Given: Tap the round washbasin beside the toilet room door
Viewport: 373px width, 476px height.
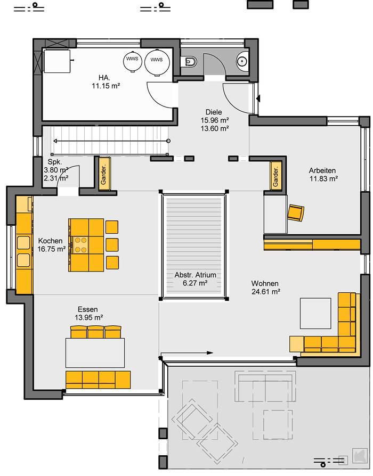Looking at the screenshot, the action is pyautogui.click(x=242, y=62).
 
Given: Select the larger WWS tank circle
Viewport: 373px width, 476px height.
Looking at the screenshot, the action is pyautogui.click(x=157, y=60).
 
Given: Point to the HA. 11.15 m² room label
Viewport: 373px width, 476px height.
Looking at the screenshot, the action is pyautogui.click(x=106, y=82).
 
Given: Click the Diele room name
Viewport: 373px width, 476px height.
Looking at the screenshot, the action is pyautogui.click(x=214, y=112).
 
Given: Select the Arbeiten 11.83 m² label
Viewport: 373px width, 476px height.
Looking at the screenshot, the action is pyautogui.click(x=323, y=175).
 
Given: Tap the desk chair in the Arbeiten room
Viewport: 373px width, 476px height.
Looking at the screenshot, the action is pyautogui.click(x=296, y=212).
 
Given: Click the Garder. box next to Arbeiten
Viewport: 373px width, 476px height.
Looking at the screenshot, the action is pyautogui.click(x=275, y=176).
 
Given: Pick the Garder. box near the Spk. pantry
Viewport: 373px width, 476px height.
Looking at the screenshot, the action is pyautogui.click(x=103, y=174).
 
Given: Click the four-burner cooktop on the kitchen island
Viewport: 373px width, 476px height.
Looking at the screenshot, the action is pyautogui.click(x=80, y=245).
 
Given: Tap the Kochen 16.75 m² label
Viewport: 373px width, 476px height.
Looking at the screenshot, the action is pyautogui.click(x=52, y=245).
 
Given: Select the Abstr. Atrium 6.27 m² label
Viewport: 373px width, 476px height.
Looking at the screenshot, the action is pyautogui.click(x=195, y=279).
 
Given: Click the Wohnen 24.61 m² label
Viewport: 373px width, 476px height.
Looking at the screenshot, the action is pyautogui.click(x=265, y=288).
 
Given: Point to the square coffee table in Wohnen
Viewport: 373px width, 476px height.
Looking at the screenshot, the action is pyautogui.click(x=315, y=313).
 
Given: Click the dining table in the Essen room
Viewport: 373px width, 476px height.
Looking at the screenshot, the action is pyautogui.click(x=95, y=353).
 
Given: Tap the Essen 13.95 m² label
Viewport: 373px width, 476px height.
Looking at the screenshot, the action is pyautogui.click(x=88, y=313).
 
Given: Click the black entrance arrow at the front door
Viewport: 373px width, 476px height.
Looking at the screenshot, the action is pyautogui.click(x=258, y=99).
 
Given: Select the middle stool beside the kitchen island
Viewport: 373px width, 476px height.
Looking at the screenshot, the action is pyautogui.click(x=112, y=245).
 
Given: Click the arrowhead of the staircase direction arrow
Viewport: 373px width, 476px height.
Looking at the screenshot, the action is pyautogui.click(x=55, y=141).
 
